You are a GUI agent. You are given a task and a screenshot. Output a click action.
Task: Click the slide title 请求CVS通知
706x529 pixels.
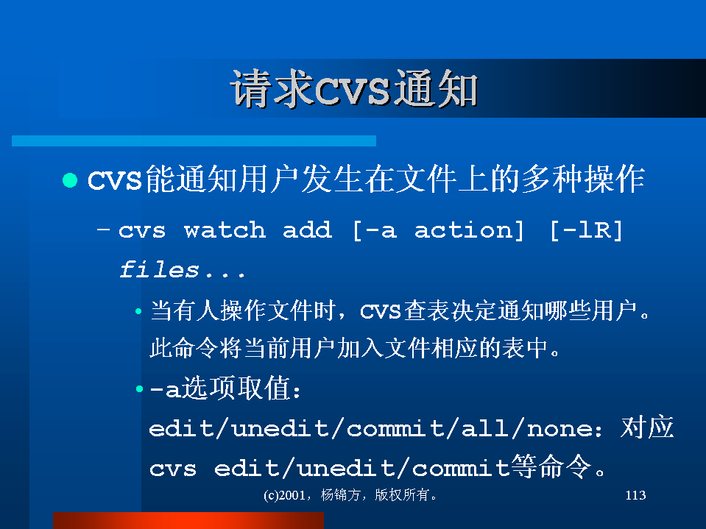pos(354,88)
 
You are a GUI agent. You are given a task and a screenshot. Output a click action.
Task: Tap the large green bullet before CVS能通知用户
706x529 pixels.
pos(70,180)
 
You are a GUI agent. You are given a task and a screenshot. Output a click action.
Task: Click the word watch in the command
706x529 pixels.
pos(225,230)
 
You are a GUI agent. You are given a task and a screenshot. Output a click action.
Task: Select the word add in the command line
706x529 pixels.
pos(307,230)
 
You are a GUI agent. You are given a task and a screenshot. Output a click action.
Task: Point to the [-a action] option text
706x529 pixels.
pos(438,230)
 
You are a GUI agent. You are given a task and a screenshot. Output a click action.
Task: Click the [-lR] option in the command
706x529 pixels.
pos(586,230)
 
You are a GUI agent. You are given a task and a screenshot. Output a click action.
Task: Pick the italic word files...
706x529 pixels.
pos(159,269)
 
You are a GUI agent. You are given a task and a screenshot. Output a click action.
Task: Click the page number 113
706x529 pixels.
pos(635,495)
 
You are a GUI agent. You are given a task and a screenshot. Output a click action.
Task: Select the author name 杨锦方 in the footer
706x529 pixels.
pos(340,495)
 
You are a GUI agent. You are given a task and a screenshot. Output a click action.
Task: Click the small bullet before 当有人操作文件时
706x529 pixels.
pos(138,310)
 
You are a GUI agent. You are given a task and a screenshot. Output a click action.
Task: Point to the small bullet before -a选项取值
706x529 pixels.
pos(139,388)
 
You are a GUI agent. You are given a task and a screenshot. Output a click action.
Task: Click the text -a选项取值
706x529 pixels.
pos(225,388)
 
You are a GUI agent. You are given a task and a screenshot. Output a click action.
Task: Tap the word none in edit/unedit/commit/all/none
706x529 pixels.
pos(559,429)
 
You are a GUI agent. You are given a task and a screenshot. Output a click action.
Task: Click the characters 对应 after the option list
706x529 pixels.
pos(647,427)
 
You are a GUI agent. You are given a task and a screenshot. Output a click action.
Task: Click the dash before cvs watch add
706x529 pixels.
pos(103,230)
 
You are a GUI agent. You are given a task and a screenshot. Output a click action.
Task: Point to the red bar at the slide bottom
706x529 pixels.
pos(188,520)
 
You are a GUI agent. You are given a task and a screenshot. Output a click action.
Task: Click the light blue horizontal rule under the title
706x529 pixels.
pos(194,141)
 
